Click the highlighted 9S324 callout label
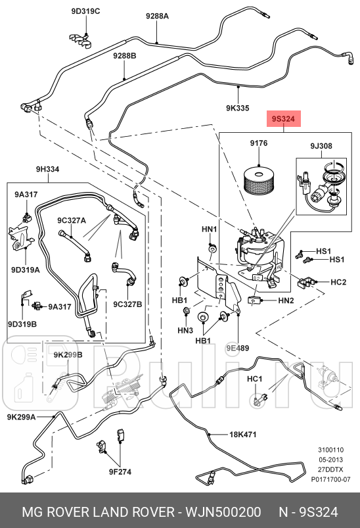pyautogui.click(x=284, y=119)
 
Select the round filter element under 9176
pyautogui.click(x=259, y=180)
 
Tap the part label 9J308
pyautogui.click(x=321, y=146)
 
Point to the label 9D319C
pyautogui.click(x=85, y=11)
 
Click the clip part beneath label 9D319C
pyautogui.click(x=81, y=40)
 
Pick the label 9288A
pyautogui.click(x=157, y=16)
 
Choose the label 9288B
pyautogui.click(x=124, y=55)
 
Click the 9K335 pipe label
pyautogui.click(x=238, y=108)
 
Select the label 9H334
pyautogui.click(x=48, y=169)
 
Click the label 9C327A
pyautogui.click(x=72, y=220)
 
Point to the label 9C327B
pyautogui.click(x=127, y=304)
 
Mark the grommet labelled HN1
pyautogui.click(x=213, y=249)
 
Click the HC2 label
pyautogui.click(x=338, y=282)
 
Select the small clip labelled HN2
pyautogui.click(x=253, y=300)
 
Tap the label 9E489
pyautogui.click(x=238, y=348)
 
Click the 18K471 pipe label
pyautogui.click(x=242, y=435)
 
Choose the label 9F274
pyautogui.click(x=120, y=471)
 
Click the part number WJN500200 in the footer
pyautogui.click(x=223, y=512)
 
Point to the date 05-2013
pyautogui.click(x=330, y=460)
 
